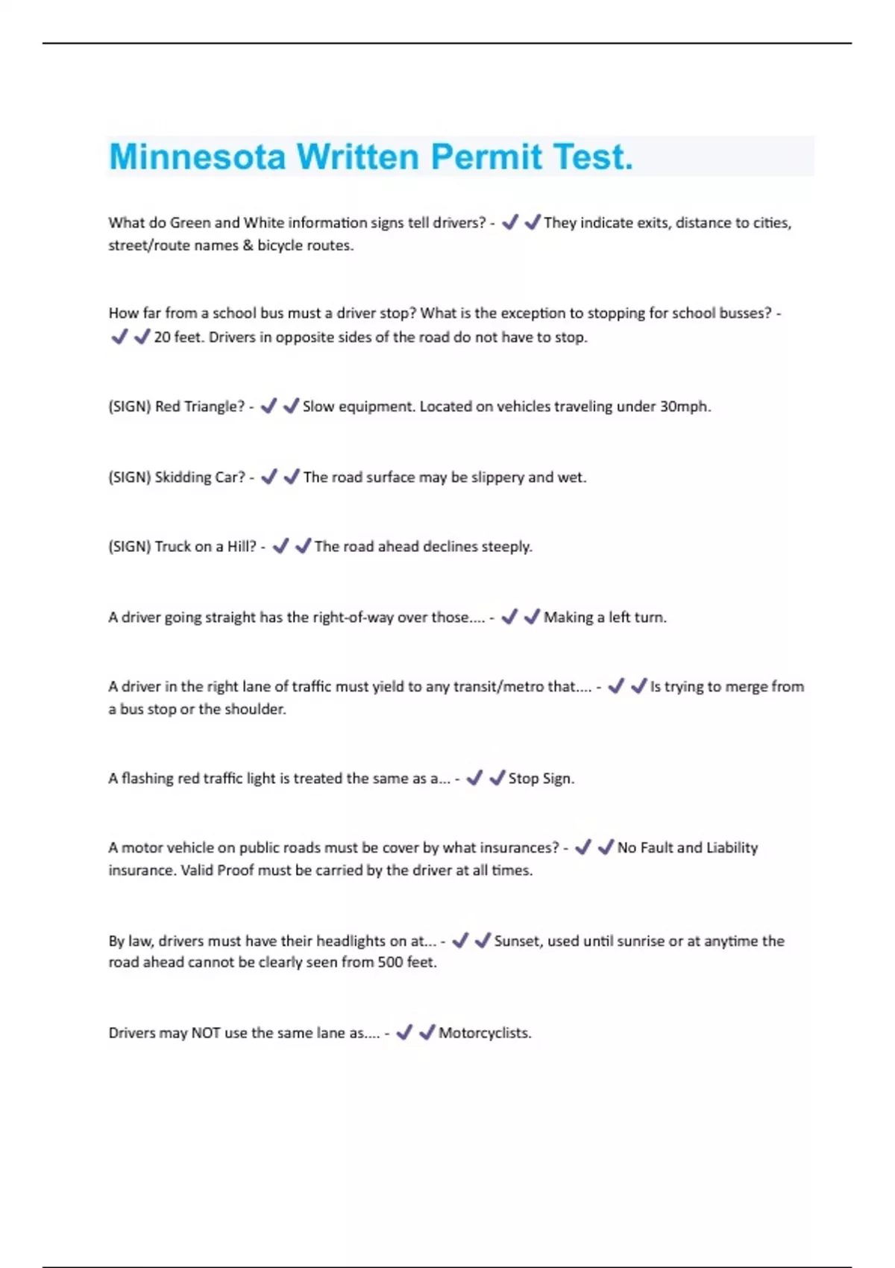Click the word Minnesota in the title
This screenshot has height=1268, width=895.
point(198,157)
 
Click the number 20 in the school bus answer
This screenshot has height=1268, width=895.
point(162,337)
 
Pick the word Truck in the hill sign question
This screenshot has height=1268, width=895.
point(173,547)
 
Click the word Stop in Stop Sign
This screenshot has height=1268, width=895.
point(523,779)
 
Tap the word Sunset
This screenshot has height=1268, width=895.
point(517,941)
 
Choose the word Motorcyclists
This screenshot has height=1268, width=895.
point(485,1033)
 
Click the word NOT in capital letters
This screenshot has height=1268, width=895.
point(206,1033)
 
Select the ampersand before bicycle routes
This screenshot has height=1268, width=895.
point(248,245)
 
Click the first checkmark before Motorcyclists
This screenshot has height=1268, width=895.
point(404,1032)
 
